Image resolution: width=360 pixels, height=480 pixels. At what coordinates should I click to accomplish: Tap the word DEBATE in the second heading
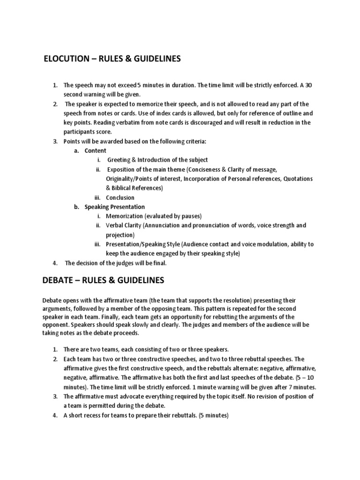pyautogui.click(x=58, y=280)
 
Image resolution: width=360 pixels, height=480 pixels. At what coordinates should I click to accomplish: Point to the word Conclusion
pyautogui.click(x=120, y=197)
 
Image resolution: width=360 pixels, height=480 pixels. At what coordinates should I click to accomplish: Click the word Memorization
pyautogui.click(x=124, y=216)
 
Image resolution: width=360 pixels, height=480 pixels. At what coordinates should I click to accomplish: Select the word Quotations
pyautogui.click(x=298, y=179)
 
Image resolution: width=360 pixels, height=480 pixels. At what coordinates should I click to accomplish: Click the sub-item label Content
pyautogui.click(x=95, y=150)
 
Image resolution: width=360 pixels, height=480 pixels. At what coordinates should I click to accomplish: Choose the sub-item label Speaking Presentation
pyautogui.click(x=114, y=207)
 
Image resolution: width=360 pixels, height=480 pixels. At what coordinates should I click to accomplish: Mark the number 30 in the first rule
pyautogui.click(x=307, y=85)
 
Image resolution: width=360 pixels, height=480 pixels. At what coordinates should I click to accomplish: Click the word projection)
pyautogui.click(x=120, y=235)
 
